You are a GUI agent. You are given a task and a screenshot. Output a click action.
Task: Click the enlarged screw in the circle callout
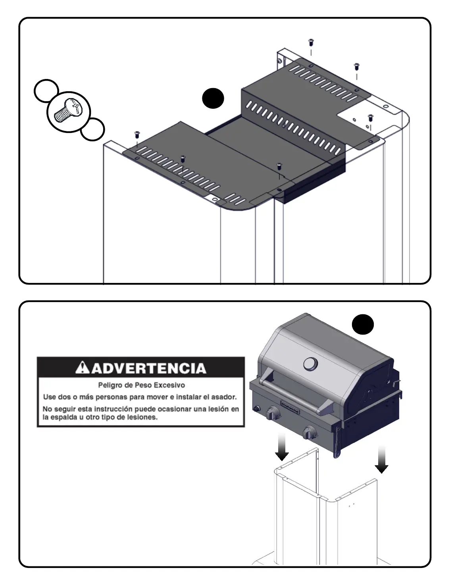(x=69, y=110)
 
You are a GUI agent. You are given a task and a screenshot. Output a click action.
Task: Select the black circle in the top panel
(x=213, y=98)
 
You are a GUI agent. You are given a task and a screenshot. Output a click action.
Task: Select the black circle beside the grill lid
(x=363, y=325)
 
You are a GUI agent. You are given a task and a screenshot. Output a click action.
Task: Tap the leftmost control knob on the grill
(x=273, y=414)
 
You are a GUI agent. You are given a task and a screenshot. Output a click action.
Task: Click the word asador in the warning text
(x=224, y=397)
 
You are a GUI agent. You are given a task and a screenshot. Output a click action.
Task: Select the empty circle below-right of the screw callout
(x=92, y=129)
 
